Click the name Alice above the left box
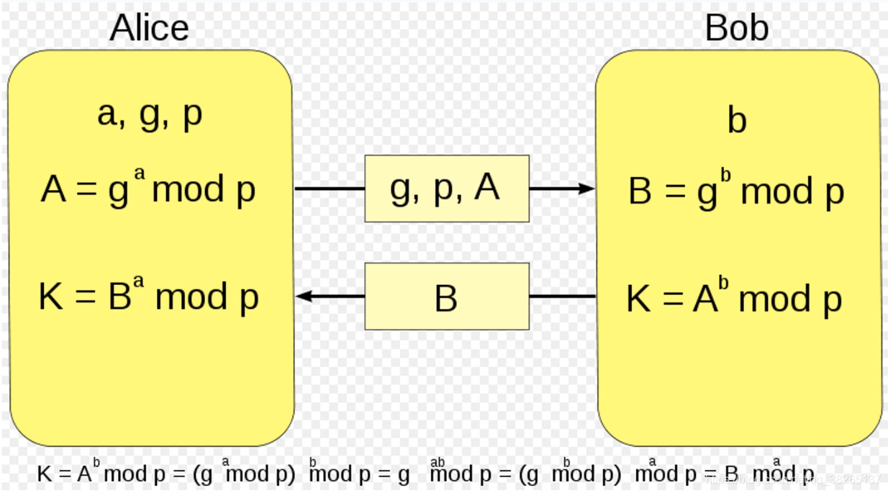(x=149, y=28)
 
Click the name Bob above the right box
(x=736, y=28)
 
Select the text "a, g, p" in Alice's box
(x=150, y=114)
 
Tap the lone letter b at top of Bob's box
(x=736, y=119)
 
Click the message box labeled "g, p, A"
(x=446, y=189)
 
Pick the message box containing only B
(x=446, y=297)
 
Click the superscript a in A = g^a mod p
(x=139, y=175)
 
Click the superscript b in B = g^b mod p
(x=725, y=176)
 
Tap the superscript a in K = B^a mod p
(x=139, y=281)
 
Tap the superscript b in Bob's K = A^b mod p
(x=723, y=282)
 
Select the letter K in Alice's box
(x=51, y=297)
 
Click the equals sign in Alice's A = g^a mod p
(x=86, y=191)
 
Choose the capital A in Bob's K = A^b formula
(x=705, y=299)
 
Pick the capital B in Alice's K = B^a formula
(x=119, y=297)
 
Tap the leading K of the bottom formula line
(x=45, y=474)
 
